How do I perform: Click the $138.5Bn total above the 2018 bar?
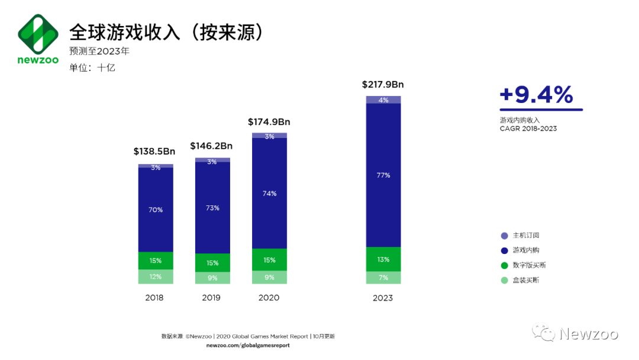154,152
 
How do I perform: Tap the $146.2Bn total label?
211,146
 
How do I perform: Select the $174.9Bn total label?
269,122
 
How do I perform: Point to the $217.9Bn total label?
383,85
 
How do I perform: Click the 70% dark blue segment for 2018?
156,210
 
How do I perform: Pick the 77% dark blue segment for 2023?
383,175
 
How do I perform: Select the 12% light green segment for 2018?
156,277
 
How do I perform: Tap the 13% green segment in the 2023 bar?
383,259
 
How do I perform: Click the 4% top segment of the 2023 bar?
383,99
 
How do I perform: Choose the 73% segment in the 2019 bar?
212,208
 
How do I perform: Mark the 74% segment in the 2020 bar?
269,193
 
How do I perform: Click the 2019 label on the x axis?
211,298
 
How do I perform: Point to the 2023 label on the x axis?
383,298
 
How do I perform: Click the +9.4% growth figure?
536,95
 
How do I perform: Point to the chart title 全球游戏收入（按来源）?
166,32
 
